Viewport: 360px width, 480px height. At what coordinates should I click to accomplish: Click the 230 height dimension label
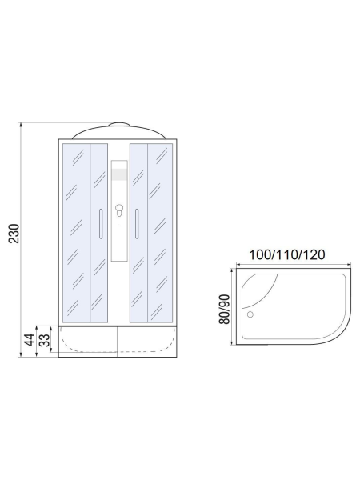tap(14, 234)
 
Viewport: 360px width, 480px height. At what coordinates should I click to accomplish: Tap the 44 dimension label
tap(30, 340)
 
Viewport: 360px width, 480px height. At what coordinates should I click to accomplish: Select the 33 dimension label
tap(45, 340)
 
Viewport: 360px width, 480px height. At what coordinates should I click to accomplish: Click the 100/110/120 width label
tap(287, 254)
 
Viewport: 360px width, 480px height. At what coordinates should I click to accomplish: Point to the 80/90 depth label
tap(224, 309)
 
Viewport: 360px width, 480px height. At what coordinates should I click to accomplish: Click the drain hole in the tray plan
tap(250, 314)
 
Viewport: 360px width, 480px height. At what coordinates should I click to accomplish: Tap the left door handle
tap(101, 223)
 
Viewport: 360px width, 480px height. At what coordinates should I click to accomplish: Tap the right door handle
tap(137, 223)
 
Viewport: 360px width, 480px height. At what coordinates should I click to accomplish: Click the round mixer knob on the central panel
tap(119, 209)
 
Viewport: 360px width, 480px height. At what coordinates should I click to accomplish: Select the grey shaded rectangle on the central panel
tap(119, 174)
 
